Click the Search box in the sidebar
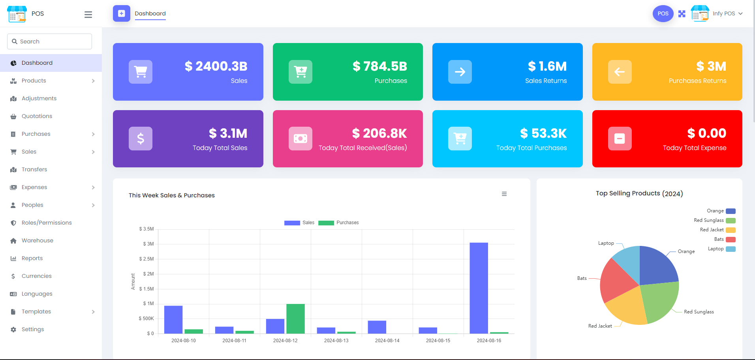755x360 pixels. point(49,41)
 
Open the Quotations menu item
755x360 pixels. point(37,116)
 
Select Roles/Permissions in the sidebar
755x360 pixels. point(47,223)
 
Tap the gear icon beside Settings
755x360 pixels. point(13,330)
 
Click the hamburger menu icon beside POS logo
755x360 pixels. point(88,15)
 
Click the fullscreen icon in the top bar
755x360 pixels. point(682,14)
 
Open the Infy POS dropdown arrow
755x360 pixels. point(740,13)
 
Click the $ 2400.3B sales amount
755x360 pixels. point(216,66)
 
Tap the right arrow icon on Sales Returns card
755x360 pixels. point(460,72)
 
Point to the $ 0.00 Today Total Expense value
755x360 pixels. point(707,133)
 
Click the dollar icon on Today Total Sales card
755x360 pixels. point(141,139)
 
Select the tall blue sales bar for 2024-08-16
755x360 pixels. point(479,288)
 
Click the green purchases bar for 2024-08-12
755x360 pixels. point(295,319)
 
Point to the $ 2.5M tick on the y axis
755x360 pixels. point(146,259)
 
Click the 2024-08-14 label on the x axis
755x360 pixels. point(387,341)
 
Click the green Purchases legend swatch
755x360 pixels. point(326,223)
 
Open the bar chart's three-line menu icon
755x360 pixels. point(504,194)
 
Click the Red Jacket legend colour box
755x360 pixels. point(731,230)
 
